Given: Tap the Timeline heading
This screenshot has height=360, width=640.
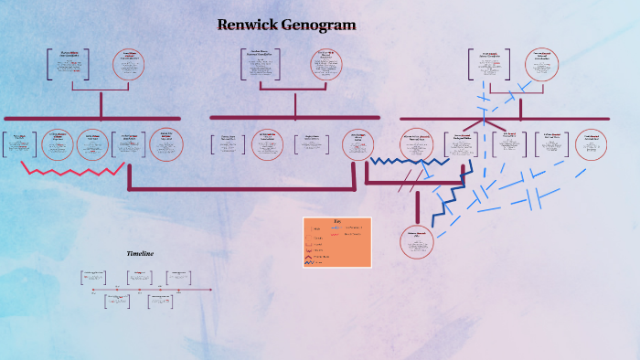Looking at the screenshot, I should click(140, 253).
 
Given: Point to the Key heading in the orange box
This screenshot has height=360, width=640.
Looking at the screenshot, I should click(336, 221).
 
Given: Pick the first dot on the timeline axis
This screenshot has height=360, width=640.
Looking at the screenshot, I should click(94, 290).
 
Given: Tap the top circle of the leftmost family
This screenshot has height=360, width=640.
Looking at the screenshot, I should click(130, 65).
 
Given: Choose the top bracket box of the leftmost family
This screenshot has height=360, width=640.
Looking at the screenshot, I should click(69, 65).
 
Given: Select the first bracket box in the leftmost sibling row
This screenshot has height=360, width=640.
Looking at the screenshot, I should click(19, 144).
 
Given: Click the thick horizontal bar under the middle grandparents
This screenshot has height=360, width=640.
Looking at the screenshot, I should click(294, 118).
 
